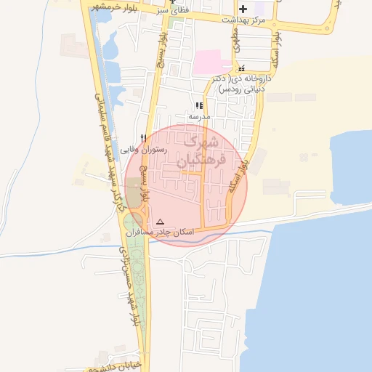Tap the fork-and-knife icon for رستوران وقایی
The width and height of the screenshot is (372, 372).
(x=144, y=137)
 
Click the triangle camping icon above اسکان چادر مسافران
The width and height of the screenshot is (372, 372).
(x=161, y=222)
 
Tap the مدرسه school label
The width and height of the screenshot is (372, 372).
(x=199, y=116)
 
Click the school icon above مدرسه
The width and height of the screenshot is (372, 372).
(x=199, y=105)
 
